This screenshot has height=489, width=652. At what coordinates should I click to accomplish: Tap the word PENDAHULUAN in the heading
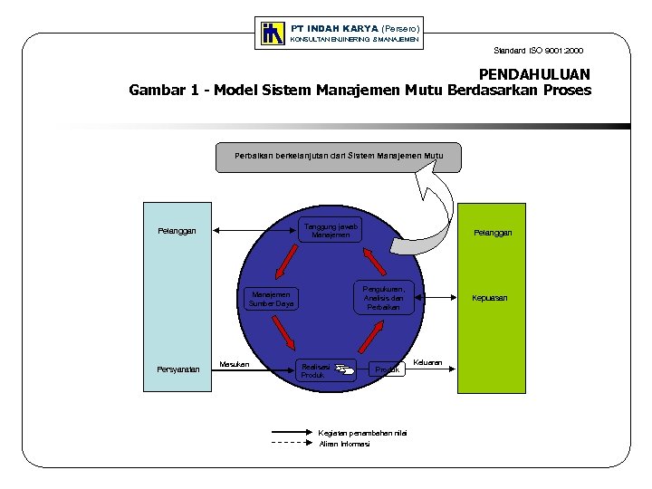[534, 73]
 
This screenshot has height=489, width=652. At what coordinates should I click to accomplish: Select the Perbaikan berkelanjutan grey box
[339, 157]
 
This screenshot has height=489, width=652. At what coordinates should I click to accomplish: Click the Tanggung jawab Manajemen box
[331, 230]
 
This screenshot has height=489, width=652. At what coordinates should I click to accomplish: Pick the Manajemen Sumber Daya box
[272, 299]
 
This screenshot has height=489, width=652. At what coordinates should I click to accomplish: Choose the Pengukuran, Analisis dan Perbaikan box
[383, 297]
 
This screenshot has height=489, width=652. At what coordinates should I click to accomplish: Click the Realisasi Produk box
[326, 368]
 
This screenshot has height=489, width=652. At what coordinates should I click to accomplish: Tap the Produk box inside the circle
[388, 369]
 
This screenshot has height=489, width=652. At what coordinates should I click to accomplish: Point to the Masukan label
[235, 365]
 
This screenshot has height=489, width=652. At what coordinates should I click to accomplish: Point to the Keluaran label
[427, 363]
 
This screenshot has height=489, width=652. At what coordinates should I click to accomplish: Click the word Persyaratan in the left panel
[177, 369]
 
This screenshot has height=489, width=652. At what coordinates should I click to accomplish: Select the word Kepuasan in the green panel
[489, 298]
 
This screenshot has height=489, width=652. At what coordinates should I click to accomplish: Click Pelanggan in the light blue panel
[177, 231]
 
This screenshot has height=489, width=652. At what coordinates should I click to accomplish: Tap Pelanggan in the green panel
[493, 233]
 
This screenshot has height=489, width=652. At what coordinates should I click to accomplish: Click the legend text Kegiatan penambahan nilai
[363, 433]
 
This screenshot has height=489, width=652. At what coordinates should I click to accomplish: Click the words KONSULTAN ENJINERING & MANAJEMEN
[353, 40]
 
